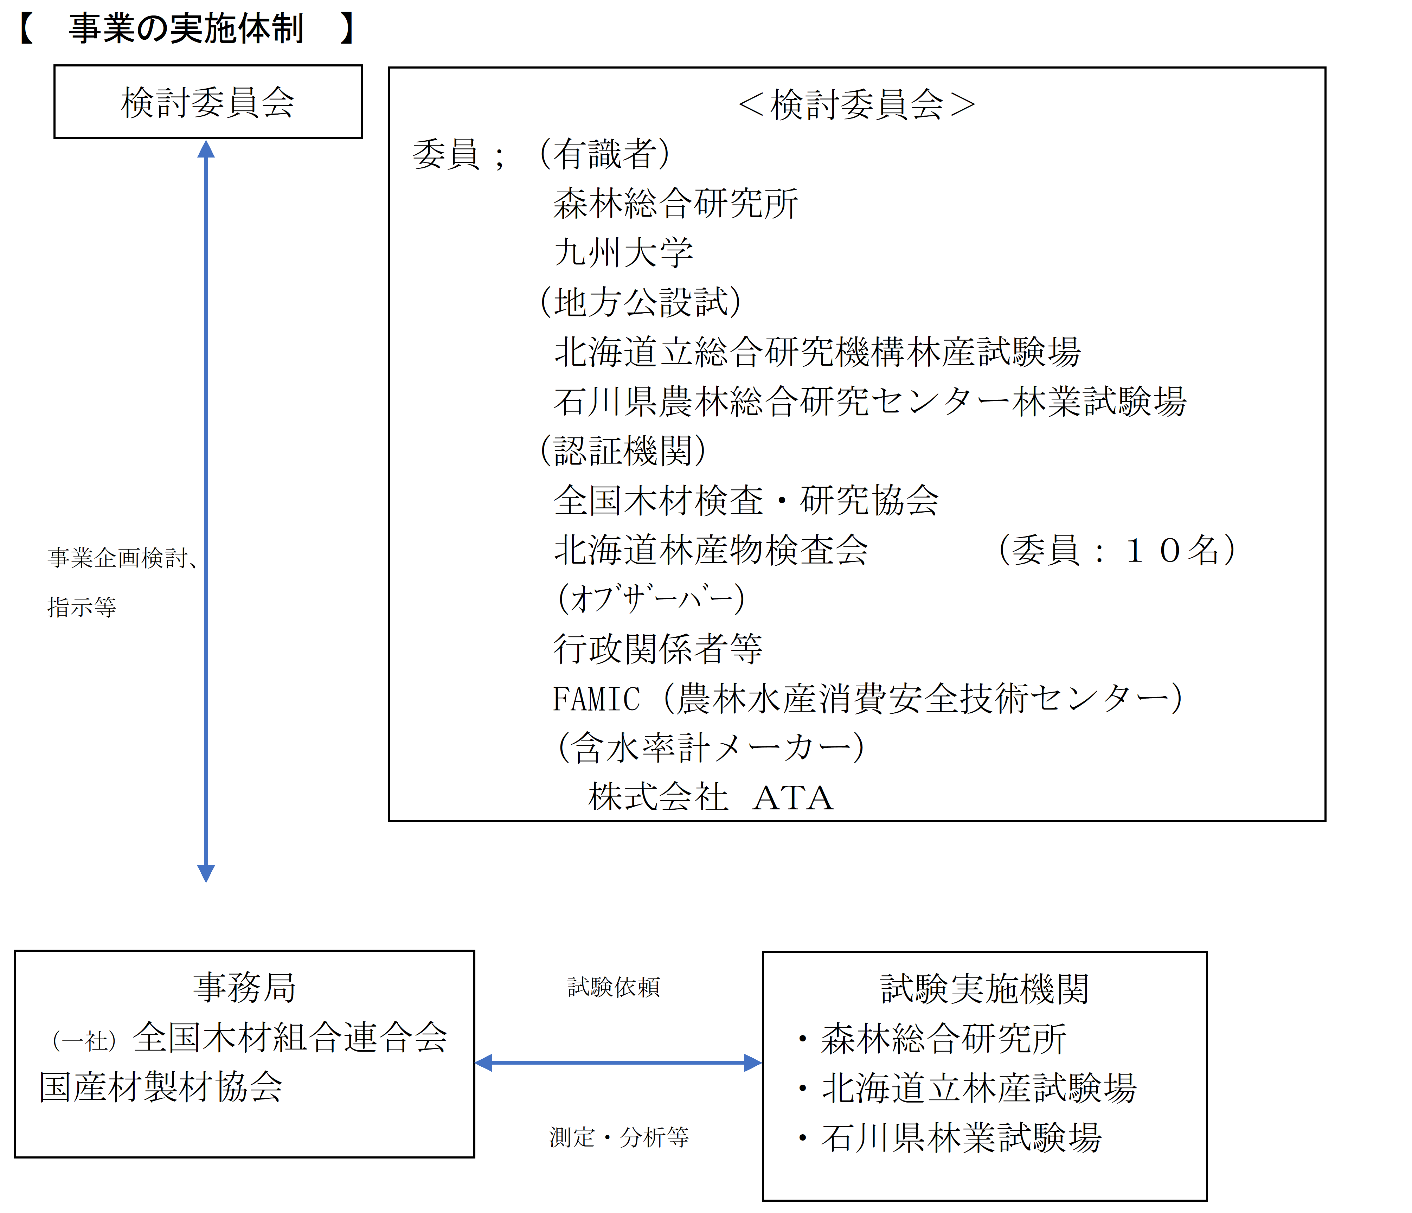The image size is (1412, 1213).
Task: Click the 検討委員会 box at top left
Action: (x=208, y=102)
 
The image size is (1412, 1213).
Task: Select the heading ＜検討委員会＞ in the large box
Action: (x=856, y=105)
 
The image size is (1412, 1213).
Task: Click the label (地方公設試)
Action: (x=641, y=302)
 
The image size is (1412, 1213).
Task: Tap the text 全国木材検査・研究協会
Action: (x=746, y=500)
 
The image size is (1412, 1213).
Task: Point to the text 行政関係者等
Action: (x=657, y=648)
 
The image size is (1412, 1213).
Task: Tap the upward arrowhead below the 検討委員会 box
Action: (x=206, y=149)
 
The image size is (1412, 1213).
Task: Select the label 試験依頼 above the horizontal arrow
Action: (x=613, y=987)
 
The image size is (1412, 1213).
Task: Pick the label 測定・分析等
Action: (x=619, y=1137)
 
